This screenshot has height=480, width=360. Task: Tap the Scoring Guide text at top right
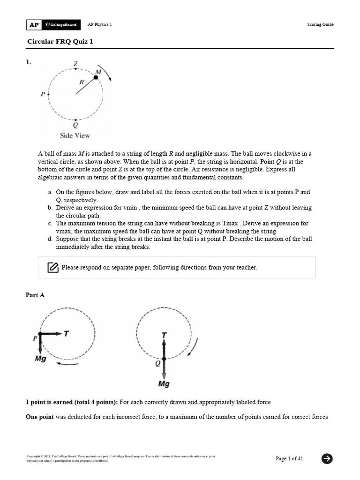pyautogui.click(x=321, y=25)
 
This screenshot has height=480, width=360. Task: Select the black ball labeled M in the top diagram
pyautogui.click(x=96, y=77)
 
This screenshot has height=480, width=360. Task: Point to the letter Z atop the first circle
pyautogui.click(x=76, y=63)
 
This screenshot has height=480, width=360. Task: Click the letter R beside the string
pyautogui.click(x=82, y=82)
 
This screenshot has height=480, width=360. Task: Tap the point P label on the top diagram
pyautogui.click(x=43, y=94)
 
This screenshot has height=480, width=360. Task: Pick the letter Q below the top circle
pyautogui.click(x=75, y=125)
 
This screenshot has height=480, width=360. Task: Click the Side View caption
pyautogui.click(x=75, y=135)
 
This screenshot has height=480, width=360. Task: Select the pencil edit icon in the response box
pyautogui.click(x=53, y=268)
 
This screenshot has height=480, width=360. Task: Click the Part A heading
pyautogui.click(x=35, y=295)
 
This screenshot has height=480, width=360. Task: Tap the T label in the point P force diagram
pyautogui.click(x=66, y=334)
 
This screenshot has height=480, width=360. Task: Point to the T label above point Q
pyautogui.click(x=164, y=335)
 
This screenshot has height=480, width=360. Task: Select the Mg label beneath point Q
pyautogui.click(x=164, y=384)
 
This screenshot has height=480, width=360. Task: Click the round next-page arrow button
pyautogui.click(x=327, y=458)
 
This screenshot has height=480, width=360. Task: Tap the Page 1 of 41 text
pyautogui.click(x=289, y=458)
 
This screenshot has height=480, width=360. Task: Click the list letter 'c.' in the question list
pyautogui.click(x=50, y=223)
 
